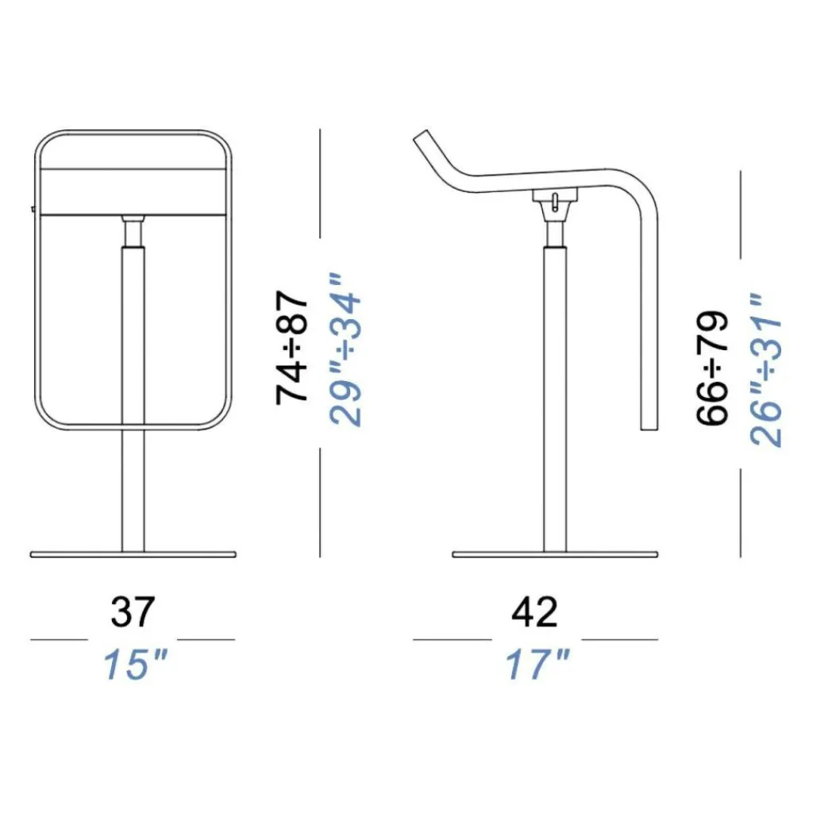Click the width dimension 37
[133, 612]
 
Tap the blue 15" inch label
[136, 665]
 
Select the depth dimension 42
[534, 612]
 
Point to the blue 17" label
[538, 665]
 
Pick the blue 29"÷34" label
[345, 350]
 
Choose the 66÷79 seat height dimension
[712, 368]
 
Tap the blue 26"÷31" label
[766, 370]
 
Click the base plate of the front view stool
[133, 554]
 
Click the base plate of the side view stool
[555, 554]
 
